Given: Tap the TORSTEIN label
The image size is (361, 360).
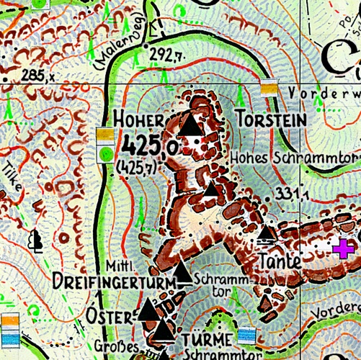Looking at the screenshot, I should click(261, 119).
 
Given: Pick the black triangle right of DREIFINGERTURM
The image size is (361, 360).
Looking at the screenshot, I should click(184, 274).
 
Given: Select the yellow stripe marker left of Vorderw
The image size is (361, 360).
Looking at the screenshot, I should click(269, 88).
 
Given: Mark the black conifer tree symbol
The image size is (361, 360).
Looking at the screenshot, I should click(35, 240).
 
